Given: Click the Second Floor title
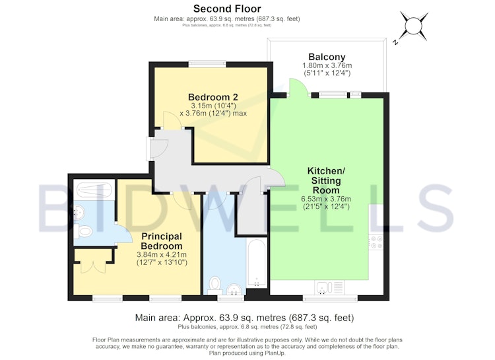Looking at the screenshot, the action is click(227, 9).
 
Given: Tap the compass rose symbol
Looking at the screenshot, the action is click(412, 26).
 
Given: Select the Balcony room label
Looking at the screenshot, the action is click(327, 57).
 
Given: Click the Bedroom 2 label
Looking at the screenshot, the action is click(213, 96).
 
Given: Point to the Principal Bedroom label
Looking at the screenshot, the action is click(162, 241).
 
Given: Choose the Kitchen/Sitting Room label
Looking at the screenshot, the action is click(326, 180).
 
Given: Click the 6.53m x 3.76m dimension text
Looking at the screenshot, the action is click(326, 199).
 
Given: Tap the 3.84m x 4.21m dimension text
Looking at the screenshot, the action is click(162, 254).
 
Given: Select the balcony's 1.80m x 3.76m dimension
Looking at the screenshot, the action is click(327, 66).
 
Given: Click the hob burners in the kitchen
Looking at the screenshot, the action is click(376, 242).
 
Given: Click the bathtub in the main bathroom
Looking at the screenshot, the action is click(256, 263).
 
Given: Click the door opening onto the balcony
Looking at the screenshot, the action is click(298, 87).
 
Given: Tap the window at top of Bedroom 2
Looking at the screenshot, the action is click(207, 63).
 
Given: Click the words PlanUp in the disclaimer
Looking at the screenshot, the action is click(277, 353).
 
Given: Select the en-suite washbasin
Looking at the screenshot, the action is click(79, 213).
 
